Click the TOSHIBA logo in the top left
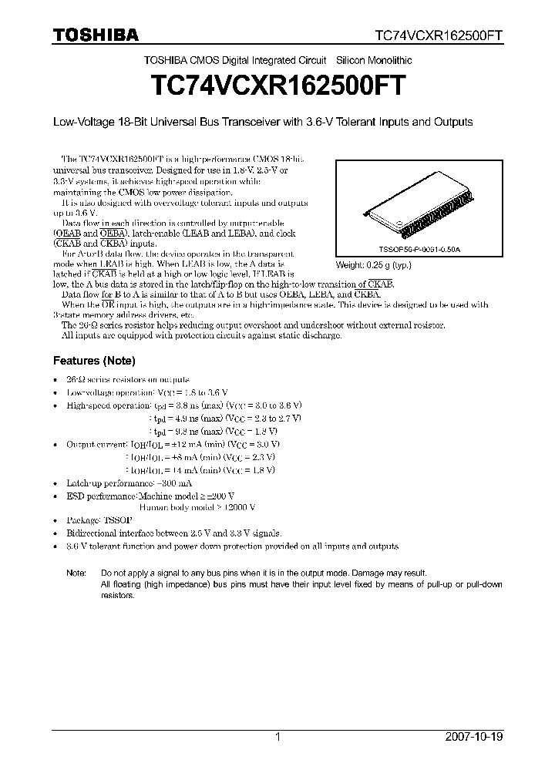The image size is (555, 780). point(96,34)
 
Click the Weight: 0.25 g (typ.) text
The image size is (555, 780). point(374,265)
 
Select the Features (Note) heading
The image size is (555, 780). point(93,361)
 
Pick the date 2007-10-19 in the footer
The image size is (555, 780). point(473,737)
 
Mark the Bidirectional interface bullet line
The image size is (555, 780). point(174,533)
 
